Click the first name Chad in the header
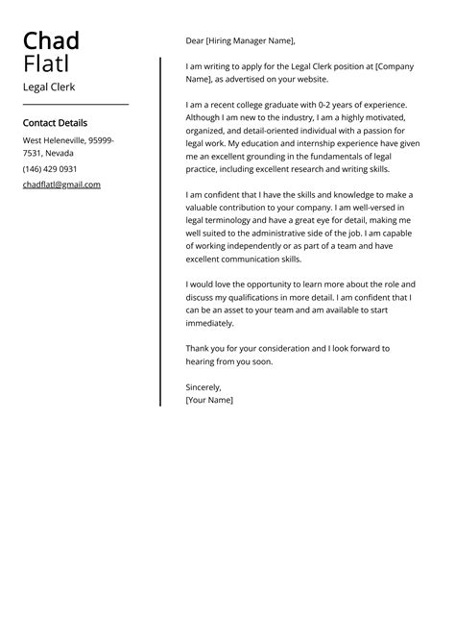pyautogui.click(x=51, y=41)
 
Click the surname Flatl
pyautogui.click(x=47, y=64)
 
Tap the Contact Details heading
pyautogui.click(x=55, y=123)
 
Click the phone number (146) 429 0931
pyautogui.click(x=51, y=169)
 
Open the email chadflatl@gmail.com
pyautogui.click(x=61, y=185)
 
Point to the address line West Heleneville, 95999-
pyautogui.click(x=68, y=140)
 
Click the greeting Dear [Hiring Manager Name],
pyautogui.click(x=240, y=41)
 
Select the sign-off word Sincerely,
pyautogui.click(x=204, y=386)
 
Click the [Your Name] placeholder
pyautogui.click(x=209, y=399)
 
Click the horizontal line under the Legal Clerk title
pyautogui.click(x=75, y=104)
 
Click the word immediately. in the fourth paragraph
pyautogui.click(x=214, y=324)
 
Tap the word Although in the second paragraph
pyautogui.click(x=204, y=116)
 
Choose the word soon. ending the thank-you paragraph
pyautogui.click(x=261, y=361)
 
